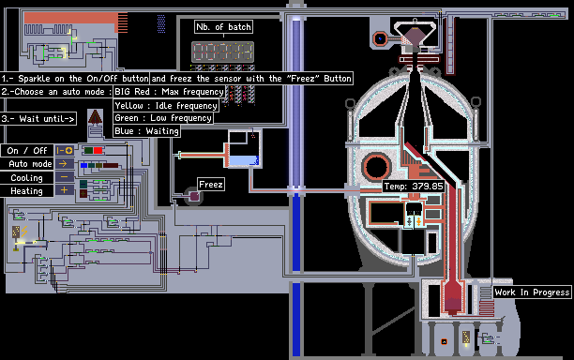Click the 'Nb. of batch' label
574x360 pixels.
(223, 26)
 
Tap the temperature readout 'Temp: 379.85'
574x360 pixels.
(414, 187)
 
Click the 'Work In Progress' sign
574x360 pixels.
(532, 292)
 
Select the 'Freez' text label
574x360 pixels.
(211, 184)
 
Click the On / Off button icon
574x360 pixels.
(65, 150)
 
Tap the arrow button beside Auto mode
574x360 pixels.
(65, 163)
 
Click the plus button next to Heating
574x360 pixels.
(65, 190)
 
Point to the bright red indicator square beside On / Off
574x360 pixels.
(98, 150)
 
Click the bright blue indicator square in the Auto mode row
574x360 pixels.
(83, 165)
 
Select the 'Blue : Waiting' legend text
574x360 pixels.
(146, 131)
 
